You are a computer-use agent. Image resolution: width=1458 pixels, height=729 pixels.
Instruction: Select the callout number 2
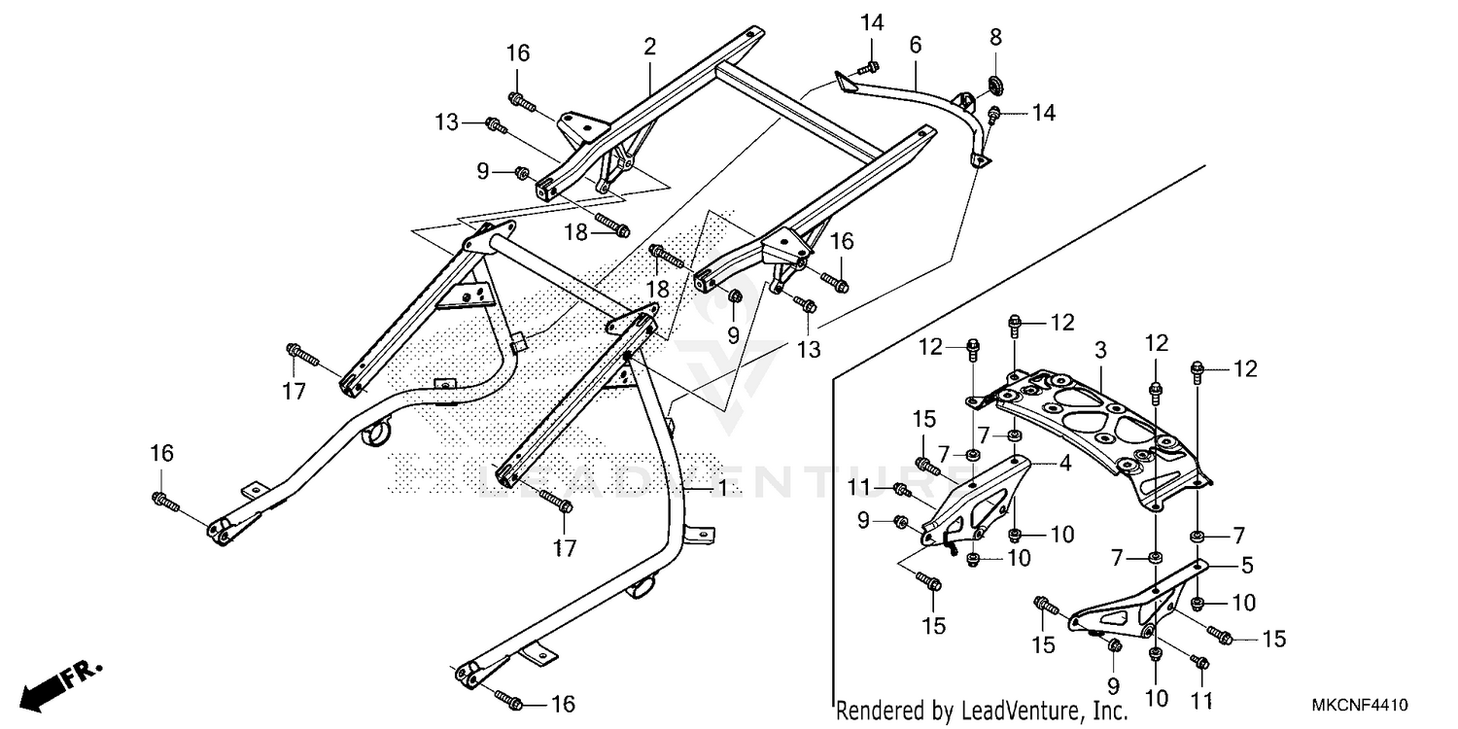pos(649,45)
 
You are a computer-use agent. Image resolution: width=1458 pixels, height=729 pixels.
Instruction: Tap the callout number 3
pos(1100,349)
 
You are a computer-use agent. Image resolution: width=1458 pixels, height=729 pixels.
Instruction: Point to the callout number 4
pos(1065,464)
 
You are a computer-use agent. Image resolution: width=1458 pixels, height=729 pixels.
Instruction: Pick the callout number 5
pos(1247,564)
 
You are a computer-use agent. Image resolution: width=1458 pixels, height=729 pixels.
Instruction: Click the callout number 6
pos(915,45)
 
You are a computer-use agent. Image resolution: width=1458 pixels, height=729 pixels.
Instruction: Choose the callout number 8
pos(995,38)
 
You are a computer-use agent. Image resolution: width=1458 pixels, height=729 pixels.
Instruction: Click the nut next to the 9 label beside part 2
pos(521,174)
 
